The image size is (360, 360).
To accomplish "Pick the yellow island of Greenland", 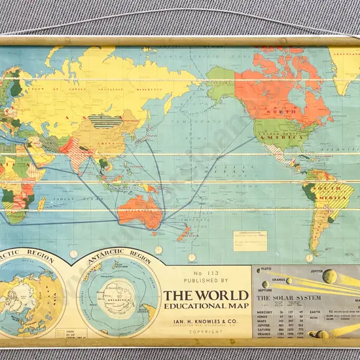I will pyautogui.click(x=344, y=65).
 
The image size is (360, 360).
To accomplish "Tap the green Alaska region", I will pyautogui.click(x=220, y=82).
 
